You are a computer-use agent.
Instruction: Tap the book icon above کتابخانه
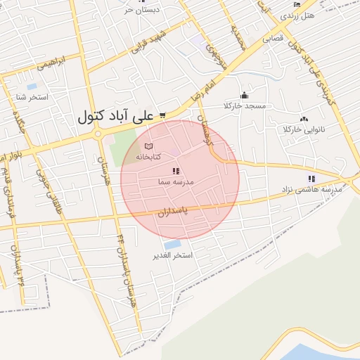[x=147, y=146]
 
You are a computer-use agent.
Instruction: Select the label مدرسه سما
[x=175, y=181]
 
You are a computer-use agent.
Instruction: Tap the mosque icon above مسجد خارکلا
[x=244, y=96]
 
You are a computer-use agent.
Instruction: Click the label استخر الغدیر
[x=173, y=255]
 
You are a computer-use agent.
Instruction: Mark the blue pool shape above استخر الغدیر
[x=172, y=244]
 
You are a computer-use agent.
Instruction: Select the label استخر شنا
[x=33, y=96]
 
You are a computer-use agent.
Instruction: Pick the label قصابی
[x=273, y=39]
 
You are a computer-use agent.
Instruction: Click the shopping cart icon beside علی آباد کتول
[x=162, y=115]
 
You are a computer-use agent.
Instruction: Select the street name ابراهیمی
[x=37, y=63]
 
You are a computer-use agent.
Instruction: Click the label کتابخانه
[x=167, y=155]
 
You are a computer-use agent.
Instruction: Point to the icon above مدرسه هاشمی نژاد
[x=311, y=179]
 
